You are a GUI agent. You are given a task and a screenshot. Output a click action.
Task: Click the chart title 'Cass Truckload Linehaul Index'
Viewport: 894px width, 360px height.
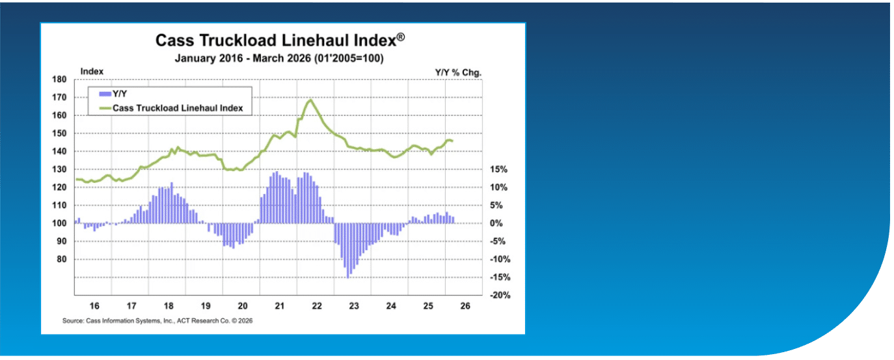[276, 41]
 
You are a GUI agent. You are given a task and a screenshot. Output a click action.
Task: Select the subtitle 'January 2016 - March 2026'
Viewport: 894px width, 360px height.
[243, 59]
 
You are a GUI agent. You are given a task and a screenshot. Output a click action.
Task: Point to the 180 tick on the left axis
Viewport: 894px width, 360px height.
[59, 79]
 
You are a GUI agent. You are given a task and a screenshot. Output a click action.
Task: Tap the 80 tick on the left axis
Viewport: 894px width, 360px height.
[61, 260]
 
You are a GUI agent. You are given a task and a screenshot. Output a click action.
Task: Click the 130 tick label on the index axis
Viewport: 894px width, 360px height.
[59, 169]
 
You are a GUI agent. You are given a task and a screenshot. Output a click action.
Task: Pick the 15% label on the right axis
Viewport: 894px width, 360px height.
[498, 169]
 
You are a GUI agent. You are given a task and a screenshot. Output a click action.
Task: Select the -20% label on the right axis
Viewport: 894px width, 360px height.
[500, 296]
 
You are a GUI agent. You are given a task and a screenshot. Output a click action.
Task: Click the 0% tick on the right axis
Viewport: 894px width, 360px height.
[496, 223]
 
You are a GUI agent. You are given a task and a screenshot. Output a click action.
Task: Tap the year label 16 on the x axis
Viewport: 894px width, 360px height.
[94, 306]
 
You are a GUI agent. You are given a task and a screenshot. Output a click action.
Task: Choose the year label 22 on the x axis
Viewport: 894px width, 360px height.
[317, 306]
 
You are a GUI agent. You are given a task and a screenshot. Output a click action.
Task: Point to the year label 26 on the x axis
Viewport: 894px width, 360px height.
[465, 306]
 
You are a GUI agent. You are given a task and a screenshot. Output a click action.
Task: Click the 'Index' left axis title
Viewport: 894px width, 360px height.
[92, 72]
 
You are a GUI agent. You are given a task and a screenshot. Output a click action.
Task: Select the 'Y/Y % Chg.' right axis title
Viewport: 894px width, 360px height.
[458, 73]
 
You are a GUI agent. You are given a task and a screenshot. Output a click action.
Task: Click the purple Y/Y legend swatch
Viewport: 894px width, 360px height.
[105, 94]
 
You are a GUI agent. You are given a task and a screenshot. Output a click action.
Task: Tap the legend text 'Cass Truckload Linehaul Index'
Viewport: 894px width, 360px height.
[178, 108]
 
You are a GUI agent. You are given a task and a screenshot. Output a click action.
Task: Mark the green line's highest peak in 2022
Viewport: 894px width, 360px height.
[310, 100]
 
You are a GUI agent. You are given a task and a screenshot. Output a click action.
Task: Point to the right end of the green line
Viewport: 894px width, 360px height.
[452, 141]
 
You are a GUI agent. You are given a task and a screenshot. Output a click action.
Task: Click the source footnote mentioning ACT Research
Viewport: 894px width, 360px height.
[157, 321]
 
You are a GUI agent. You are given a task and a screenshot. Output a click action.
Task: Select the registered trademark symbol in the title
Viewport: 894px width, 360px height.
[401, 37]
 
